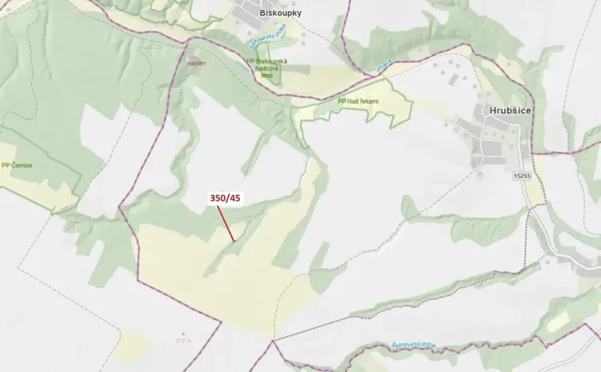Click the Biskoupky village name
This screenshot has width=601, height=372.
(279, 14)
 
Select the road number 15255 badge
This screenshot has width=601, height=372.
(522, 176)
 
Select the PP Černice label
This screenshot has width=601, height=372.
(17, 165)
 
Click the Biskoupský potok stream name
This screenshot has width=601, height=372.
(266, 35)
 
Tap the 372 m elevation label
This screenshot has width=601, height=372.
(185, 340)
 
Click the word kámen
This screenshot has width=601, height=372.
(196, 61)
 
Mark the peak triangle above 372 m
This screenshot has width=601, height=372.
(184, 333)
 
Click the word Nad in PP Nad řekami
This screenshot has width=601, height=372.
(352, 102)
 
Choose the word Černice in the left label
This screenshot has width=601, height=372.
(21, 165)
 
